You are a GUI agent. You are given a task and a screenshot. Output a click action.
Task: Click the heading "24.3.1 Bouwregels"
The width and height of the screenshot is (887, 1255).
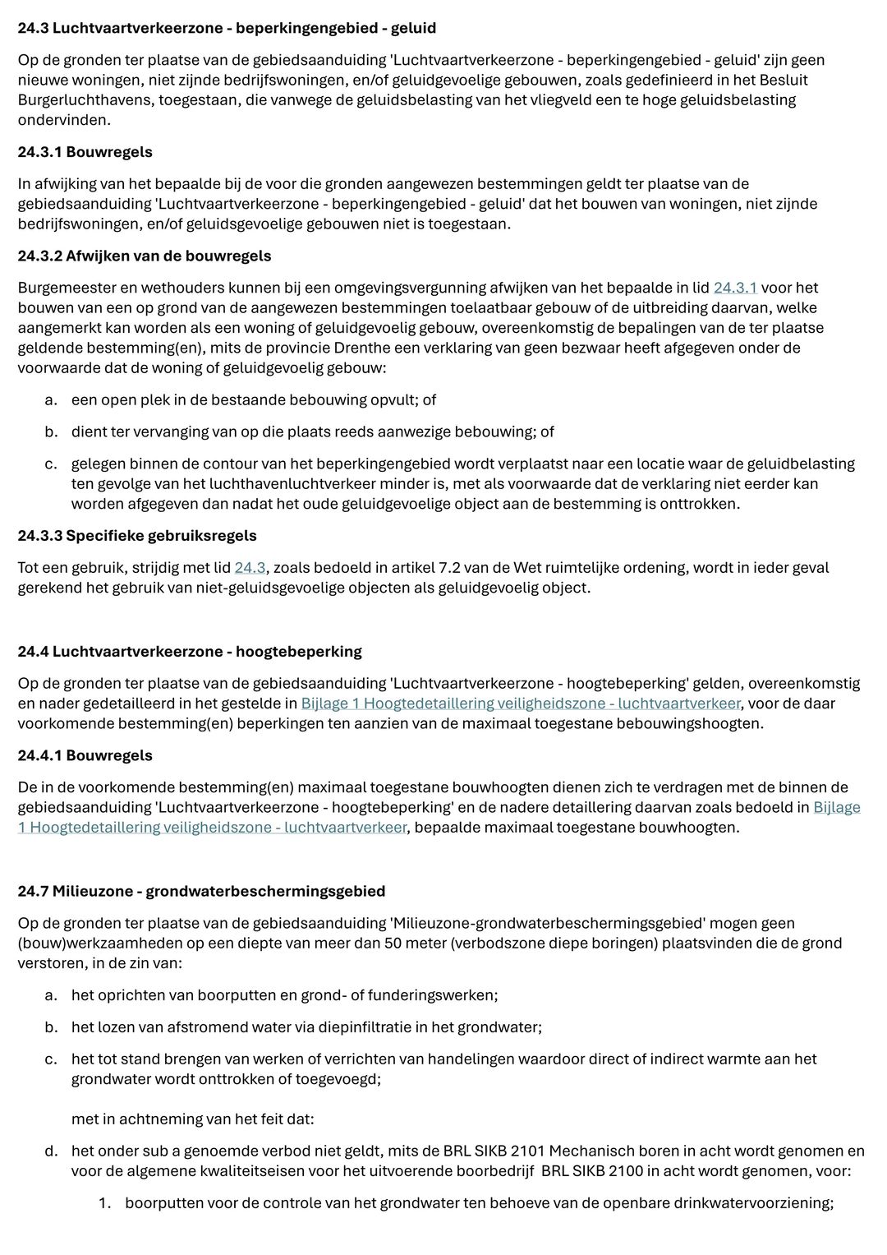(85, 152)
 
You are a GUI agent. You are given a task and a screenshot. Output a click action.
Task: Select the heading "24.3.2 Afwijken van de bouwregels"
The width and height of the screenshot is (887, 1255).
(144, 256)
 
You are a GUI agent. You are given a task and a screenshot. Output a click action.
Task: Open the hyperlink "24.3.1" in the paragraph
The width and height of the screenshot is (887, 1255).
(735, 288)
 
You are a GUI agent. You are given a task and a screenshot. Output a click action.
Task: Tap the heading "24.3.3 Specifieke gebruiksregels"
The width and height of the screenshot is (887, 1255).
(137, 536)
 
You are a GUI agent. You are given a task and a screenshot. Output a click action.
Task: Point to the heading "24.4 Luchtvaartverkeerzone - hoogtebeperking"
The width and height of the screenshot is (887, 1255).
(190, 652)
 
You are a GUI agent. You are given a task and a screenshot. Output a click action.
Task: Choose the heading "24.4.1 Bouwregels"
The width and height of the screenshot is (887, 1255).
(85, 755)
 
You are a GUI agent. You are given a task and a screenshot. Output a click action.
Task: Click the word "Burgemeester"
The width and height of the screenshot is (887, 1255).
(64, 288)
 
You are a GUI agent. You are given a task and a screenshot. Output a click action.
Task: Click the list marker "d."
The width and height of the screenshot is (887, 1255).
(51, 1151)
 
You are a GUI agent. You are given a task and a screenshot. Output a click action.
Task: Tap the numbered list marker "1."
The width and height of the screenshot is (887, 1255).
(104, 1203)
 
